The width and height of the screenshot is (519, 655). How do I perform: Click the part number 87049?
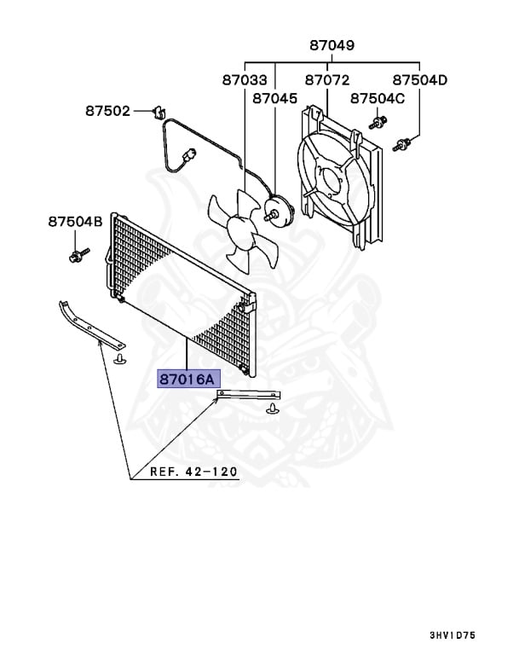pyautogui.click(x=332, y=45)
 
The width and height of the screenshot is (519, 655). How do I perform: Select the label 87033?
pyautogui.click(x=245, y=79)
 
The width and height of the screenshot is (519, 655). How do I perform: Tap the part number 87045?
pyautogui.click(x=274, y=99)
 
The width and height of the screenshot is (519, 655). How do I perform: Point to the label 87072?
pyautogui.click(x=327, y=79)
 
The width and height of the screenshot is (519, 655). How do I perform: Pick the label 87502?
pyautogui.click(x=107, y=111)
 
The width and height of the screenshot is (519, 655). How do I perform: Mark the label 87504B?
pyautogui.click(x=75, y=222)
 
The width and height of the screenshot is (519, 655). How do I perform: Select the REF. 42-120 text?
pyautogui.click(x=194, y=472)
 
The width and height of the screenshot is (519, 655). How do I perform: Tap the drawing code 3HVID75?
pyautogui.click(x=463, y=635)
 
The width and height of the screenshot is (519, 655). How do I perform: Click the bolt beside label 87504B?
pyautogui.click(x=76, y=254)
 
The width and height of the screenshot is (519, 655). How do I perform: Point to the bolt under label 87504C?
pyautogui.click(x=375, y=124)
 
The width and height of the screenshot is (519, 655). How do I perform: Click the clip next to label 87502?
pyautogui.click(x=157, y=111)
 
